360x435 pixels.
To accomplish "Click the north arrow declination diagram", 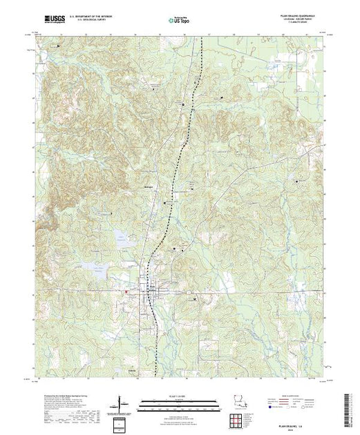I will coord(123,402).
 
